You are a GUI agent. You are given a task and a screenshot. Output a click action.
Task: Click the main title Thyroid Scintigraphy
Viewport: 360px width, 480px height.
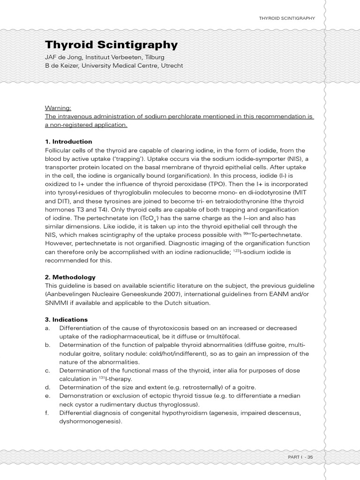[111, 45]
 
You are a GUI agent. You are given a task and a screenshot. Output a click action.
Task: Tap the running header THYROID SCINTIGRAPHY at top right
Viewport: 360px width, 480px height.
[286, 18]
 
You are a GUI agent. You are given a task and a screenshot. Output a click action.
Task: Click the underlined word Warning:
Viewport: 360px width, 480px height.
[58, 107]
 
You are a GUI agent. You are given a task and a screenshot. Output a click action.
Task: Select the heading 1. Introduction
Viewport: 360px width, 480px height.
[68, 142]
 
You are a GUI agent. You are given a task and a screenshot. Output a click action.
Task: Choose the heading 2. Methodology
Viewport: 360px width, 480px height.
[70, 277]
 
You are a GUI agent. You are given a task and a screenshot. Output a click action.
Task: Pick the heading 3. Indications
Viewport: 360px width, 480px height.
[67, 319]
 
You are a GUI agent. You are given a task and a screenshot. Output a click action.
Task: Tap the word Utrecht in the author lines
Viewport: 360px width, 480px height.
[172, 66]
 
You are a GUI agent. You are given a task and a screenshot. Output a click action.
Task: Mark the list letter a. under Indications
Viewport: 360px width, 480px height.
[47, 328]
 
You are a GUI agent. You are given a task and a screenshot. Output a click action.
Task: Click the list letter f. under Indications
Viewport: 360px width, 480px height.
[47, 413]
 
